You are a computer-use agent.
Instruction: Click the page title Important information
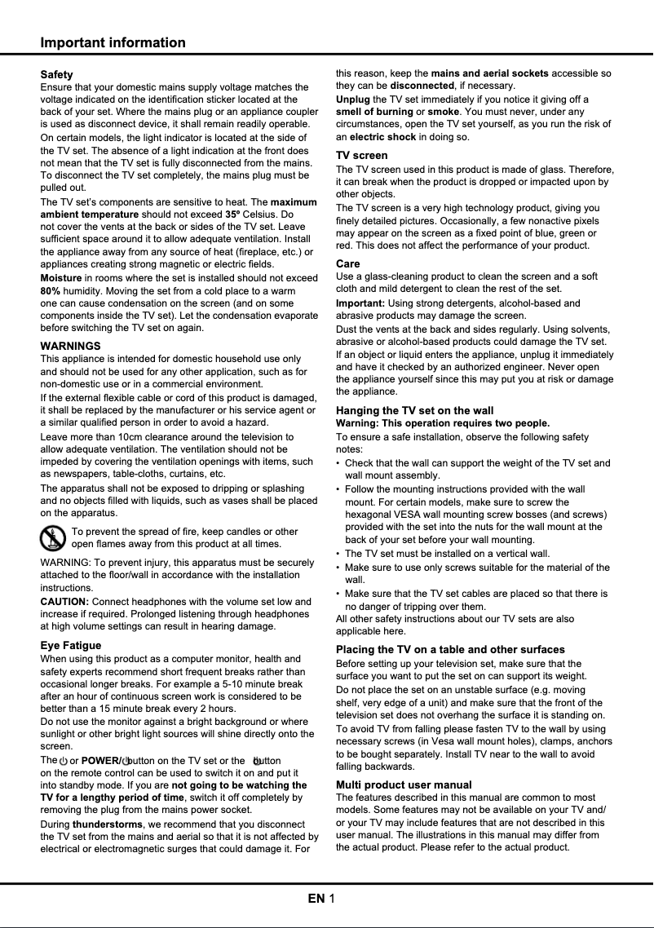(113, 42)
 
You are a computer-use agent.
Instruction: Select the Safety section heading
(56, 74)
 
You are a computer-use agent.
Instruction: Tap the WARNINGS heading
(70, 346)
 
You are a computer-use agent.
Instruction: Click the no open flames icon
(53, 538)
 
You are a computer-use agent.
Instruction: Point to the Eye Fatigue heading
(71, 645)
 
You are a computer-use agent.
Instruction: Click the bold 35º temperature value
(232, 214)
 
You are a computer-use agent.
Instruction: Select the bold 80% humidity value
(51, 290)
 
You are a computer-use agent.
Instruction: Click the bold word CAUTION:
(64, 601)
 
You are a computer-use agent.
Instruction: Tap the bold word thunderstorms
(107, 824)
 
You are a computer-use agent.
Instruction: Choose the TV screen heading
(362, 155)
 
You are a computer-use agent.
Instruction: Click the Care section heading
(348, 263)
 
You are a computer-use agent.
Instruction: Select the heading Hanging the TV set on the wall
(414, 410)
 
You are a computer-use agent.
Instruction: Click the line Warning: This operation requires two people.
(443, 423)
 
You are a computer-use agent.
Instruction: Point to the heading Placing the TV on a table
(450, 649)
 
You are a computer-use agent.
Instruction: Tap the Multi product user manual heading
(404, 784)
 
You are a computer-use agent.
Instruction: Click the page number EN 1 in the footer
(321, 899)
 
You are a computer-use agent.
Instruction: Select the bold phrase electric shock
(382, 136)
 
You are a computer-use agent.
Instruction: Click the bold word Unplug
(352, 99)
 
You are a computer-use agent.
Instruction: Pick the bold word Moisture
(61, 278)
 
